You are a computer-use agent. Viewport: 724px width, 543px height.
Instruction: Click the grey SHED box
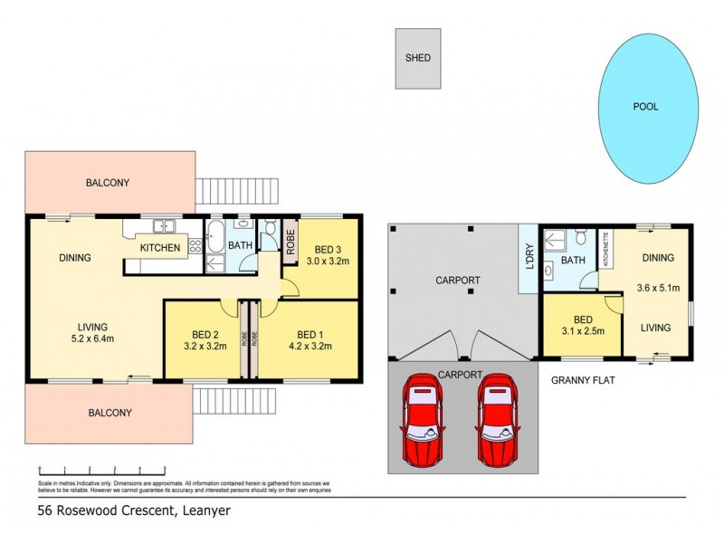click(417, 59)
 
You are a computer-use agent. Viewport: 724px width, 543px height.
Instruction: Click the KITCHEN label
click(159, 248)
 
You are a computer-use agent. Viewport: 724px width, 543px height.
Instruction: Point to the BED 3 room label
click(327, 250)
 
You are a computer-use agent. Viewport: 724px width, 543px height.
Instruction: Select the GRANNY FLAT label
click(583, 381)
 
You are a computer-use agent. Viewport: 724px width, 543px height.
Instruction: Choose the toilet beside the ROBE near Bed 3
click(269, 235)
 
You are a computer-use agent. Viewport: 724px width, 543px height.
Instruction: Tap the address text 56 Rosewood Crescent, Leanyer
click(134, 510)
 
